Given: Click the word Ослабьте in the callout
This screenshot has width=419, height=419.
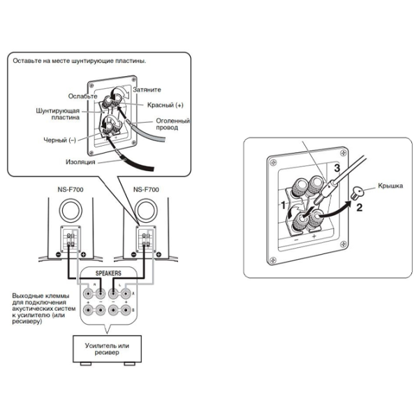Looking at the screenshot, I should tap(82, 96).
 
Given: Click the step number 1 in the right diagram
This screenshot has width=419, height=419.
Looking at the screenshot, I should tap(283, 205).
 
